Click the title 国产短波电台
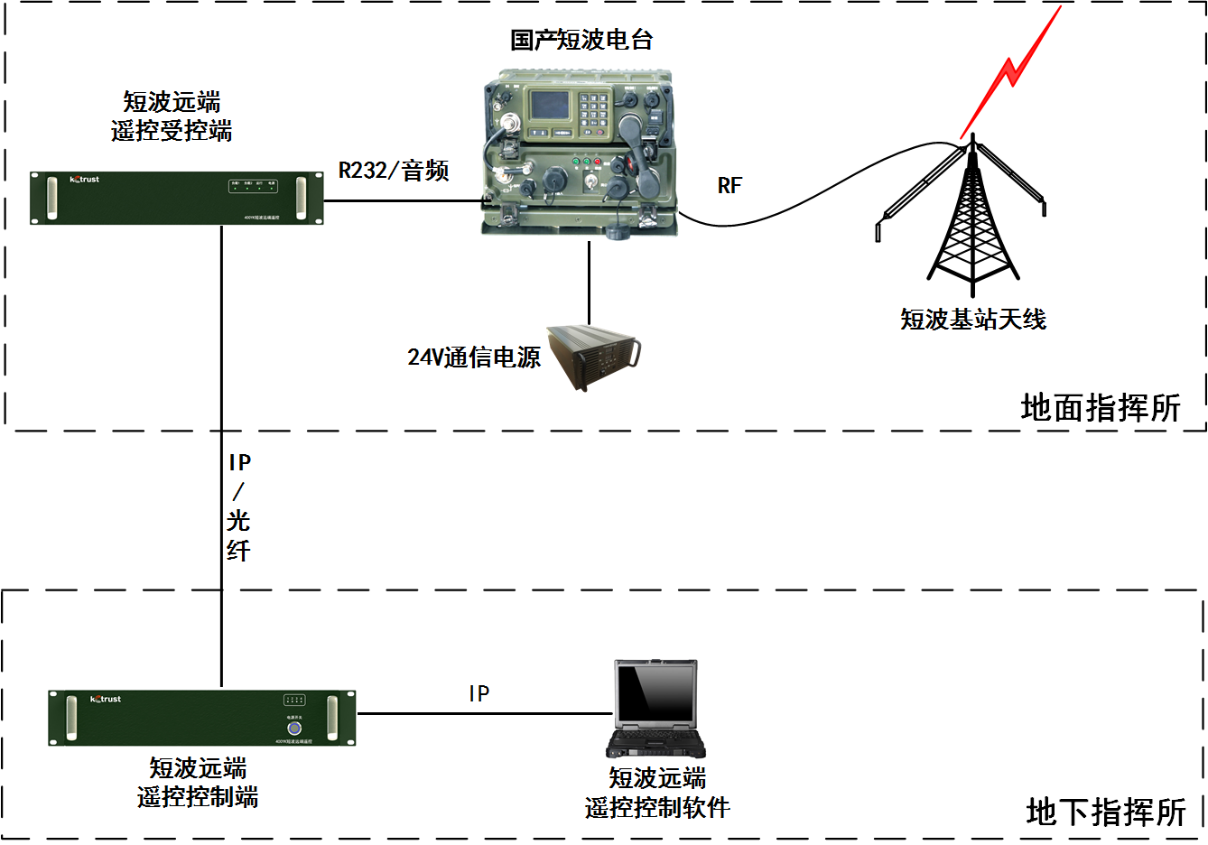click(581, 40)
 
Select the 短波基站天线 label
click(972, 319)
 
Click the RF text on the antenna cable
click(729, 186)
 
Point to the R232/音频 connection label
click(394, 171)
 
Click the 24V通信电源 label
click(474, 357)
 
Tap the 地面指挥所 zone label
click(1101, 408)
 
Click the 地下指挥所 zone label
click(1106, 812)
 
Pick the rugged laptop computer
click(655, 710)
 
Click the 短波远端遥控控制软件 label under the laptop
click(657, 793)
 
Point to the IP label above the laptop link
click(479, 693)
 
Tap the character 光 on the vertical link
click(238, 521)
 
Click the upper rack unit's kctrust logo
click(85, 180)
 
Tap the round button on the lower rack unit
click(294, 728)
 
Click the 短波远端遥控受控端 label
click(172, 116)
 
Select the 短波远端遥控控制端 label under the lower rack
click(198, 783)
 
